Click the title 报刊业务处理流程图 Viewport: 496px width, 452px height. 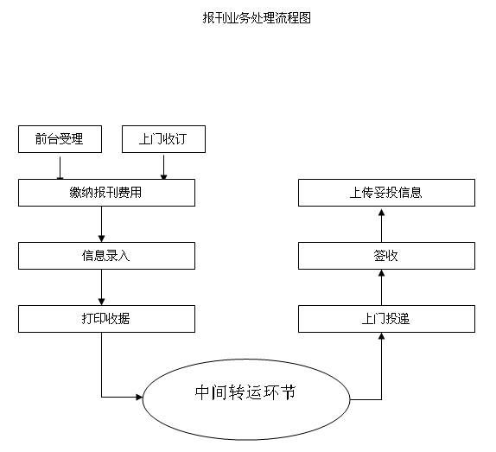pyautogui.click(x=257, y=17)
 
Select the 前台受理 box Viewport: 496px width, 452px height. pyautogui.click(x=60, y=139)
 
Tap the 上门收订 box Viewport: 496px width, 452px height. pyautogui.click(x=163, y=139)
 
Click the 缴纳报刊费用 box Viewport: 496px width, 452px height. pyautogui.click(x=106, y=193)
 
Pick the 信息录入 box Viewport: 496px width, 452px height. pyautogui.click(x=106, y=256)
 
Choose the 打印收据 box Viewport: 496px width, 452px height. pyautogui.click(x=106, y=319)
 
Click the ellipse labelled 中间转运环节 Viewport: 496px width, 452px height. pyautogui.click(x=246, y=399)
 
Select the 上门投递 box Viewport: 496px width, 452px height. pyautogui.click(x=386, y=319)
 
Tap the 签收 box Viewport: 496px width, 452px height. pyautogui.click(x=386, y=256)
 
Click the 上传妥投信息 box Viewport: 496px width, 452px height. pyautogui.click(x=386, y=193)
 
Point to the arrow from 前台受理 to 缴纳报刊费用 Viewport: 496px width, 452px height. pyautogui.click(x=60, y=168)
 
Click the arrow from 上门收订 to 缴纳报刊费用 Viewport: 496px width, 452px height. pyautogui.click(x=163, y=168)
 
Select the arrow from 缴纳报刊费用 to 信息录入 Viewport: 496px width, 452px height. pyautogui.click(x=102, y=224)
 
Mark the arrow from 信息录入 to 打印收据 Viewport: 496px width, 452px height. pyautogui.click(x=102, y=288)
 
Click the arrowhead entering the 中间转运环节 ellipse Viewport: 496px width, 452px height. pyautogui.click(x=139, y=397)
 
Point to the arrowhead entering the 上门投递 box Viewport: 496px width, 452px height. pyautogui.click(x=381, y=336)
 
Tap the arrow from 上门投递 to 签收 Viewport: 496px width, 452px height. pyautogui.click(x=381, y=288)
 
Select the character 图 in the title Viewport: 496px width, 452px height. pyautogui.click(x=304, y=17)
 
